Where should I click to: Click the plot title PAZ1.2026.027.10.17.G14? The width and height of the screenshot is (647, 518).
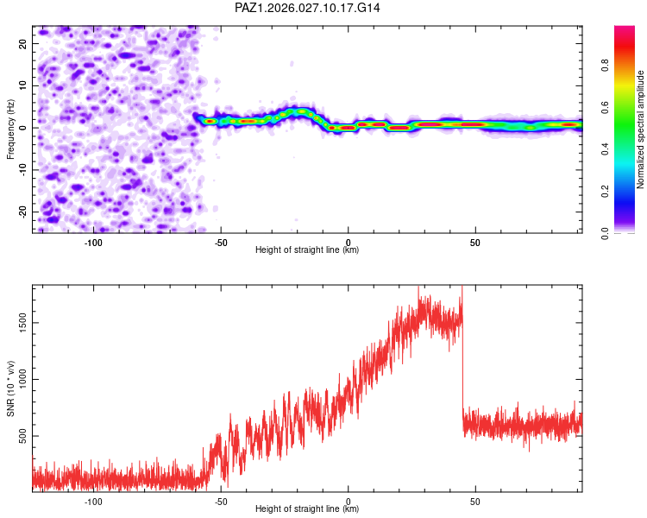pos(308,8)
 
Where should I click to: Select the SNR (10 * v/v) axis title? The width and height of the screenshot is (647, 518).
pos(11,388)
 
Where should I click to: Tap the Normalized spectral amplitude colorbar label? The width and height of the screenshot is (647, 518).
pos(641,129)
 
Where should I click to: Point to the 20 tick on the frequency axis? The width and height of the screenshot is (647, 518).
pos(23,43)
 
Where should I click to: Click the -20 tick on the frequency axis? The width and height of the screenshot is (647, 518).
pos(22,212)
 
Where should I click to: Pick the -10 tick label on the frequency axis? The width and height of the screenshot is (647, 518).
pos(22,169)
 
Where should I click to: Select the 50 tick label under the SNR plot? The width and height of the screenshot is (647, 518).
pos(475,502)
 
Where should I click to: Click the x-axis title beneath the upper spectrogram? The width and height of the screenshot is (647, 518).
pos(307,250)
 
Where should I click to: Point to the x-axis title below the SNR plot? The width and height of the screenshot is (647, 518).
pos(307,509)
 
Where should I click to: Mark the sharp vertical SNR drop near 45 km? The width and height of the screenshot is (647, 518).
pos(462,363)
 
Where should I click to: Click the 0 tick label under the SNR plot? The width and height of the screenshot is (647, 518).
pos(349,502)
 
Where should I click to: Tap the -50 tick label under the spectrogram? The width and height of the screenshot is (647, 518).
pos(221,243)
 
